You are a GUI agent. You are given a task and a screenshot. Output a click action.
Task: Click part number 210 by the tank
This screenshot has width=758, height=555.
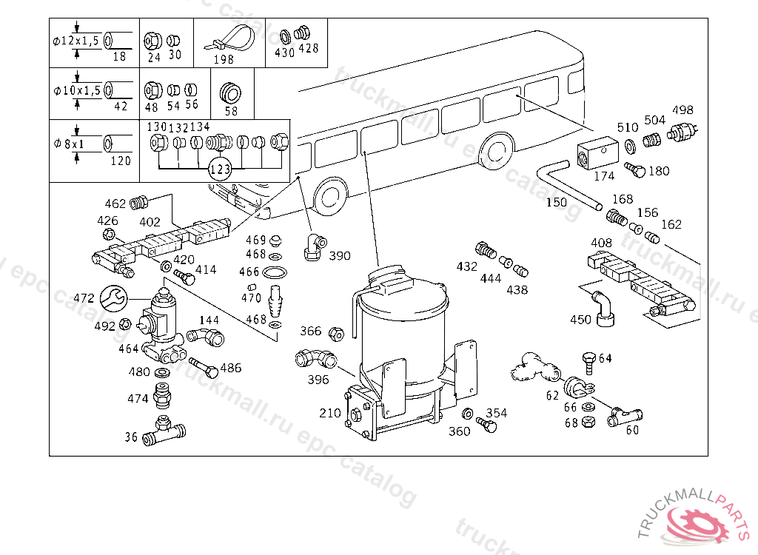(x=330, y=413)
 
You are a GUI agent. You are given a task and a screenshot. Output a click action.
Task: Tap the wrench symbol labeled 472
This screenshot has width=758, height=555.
(x=114, y=298)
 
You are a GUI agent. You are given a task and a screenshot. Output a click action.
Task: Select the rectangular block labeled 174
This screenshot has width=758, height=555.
(x=597, y=151)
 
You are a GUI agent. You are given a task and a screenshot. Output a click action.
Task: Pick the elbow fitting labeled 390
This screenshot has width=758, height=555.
(x=313, y=246)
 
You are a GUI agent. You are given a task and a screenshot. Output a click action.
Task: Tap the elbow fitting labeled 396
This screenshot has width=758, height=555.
(x=315, y=359)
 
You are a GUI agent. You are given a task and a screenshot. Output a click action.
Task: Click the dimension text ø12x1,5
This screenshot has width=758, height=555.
(x=76, y=41)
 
